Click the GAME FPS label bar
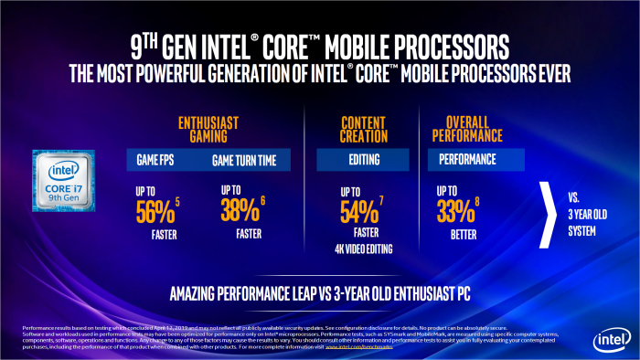pos(162,159)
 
